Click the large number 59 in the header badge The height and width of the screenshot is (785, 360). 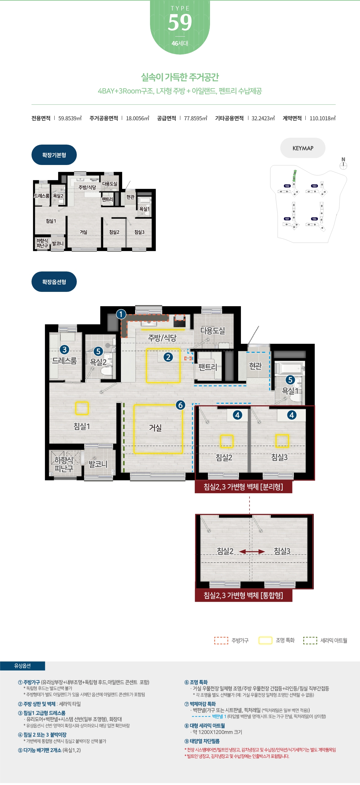[x=180, y=22]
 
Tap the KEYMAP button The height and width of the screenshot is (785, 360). [x=303, y=148]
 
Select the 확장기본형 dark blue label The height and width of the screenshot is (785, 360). [x=54, y=155]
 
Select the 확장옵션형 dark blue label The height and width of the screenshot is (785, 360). [x=54, y=282]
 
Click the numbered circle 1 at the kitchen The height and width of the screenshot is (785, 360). [x=121, y=314]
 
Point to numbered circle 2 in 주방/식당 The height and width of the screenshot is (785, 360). [x=168, y=357]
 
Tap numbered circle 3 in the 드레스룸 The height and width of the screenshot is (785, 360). [x=64, y=350]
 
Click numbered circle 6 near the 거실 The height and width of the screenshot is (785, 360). [x=181, y=405]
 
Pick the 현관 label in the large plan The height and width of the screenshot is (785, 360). [x=255, y=366]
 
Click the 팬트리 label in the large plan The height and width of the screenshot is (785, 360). [x=208, y=367]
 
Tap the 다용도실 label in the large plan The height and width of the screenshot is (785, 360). [x=213, y=331]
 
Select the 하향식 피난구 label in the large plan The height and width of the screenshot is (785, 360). [x=64, y=464]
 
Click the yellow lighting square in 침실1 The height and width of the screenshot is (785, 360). [x=82, y=408]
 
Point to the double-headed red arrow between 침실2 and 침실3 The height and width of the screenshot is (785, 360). [x=252, y=552]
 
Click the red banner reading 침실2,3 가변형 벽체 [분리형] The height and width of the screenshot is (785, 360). [x=244, y=487]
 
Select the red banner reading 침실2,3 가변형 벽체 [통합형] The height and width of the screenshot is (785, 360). [x=244, y=595]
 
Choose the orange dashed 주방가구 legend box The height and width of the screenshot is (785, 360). [x=221, y=640]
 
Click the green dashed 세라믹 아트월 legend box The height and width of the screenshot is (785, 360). [x=310, y=640]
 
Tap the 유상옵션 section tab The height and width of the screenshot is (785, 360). [x=22, y=666]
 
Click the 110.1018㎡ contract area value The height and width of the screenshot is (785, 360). [x=322, y=118]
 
